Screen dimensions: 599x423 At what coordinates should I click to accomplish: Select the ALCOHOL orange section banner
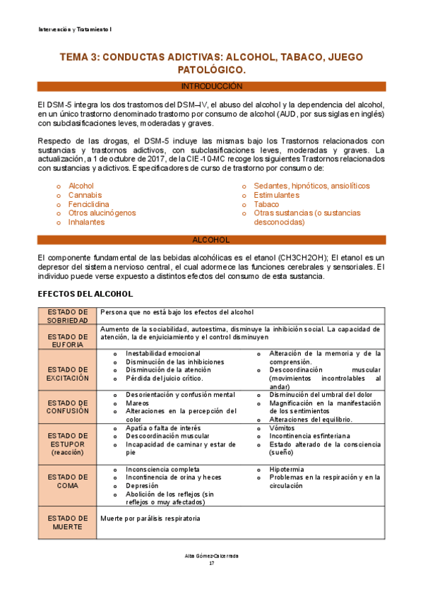[x=211, y=240]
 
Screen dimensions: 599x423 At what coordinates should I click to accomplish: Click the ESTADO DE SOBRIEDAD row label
[x=68, y=316]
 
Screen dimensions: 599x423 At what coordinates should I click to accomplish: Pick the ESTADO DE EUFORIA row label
[x=68, y=337]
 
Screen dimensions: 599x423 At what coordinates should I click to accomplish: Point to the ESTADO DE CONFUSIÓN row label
[x=68, y=406]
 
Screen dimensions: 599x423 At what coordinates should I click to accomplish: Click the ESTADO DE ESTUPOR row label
[x=68, y=444]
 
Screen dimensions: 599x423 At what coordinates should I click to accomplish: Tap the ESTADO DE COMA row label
[x=68, y=482]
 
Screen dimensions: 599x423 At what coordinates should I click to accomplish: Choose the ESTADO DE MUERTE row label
[x=68, y=523]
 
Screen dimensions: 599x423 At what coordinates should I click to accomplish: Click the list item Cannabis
[x=85, y=195]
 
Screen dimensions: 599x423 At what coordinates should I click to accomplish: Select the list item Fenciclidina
[x=88, y=204]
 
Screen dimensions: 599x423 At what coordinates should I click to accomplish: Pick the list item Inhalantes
[x=86, y=222]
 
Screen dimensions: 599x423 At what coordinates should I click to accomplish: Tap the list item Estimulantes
[x=276, y=195]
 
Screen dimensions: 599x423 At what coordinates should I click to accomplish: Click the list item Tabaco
[x=266, y=204]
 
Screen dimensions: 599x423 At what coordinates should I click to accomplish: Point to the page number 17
[x=211, y=563]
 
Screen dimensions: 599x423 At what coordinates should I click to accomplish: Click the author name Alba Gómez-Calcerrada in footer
[x=211, y=556]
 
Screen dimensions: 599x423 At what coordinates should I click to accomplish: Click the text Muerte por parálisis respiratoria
[x=150, y=518]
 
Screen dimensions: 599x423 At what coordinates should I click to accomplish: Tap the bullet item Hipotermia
[x=288, y=469]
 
